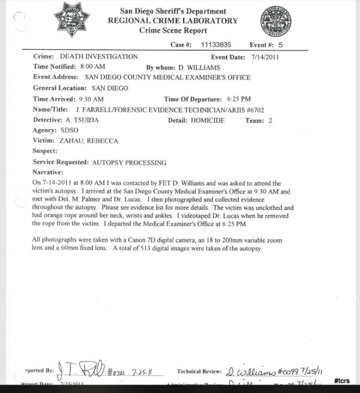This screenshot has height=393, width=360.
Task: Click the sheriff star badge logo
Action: coord(73,19)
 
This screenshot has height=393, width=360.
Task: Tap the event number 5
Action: coord(281,45)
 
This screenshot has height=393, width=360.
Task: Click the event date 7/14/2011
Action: coord(262,57)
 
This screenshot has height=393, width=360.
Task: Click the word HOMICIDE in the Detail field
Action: coord(207,121)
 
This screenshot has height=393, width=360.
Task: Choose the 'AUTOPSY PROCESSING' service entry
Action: coord(130,162)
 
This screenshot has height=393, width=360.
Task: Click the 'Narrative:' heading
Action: coord(48,172)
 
